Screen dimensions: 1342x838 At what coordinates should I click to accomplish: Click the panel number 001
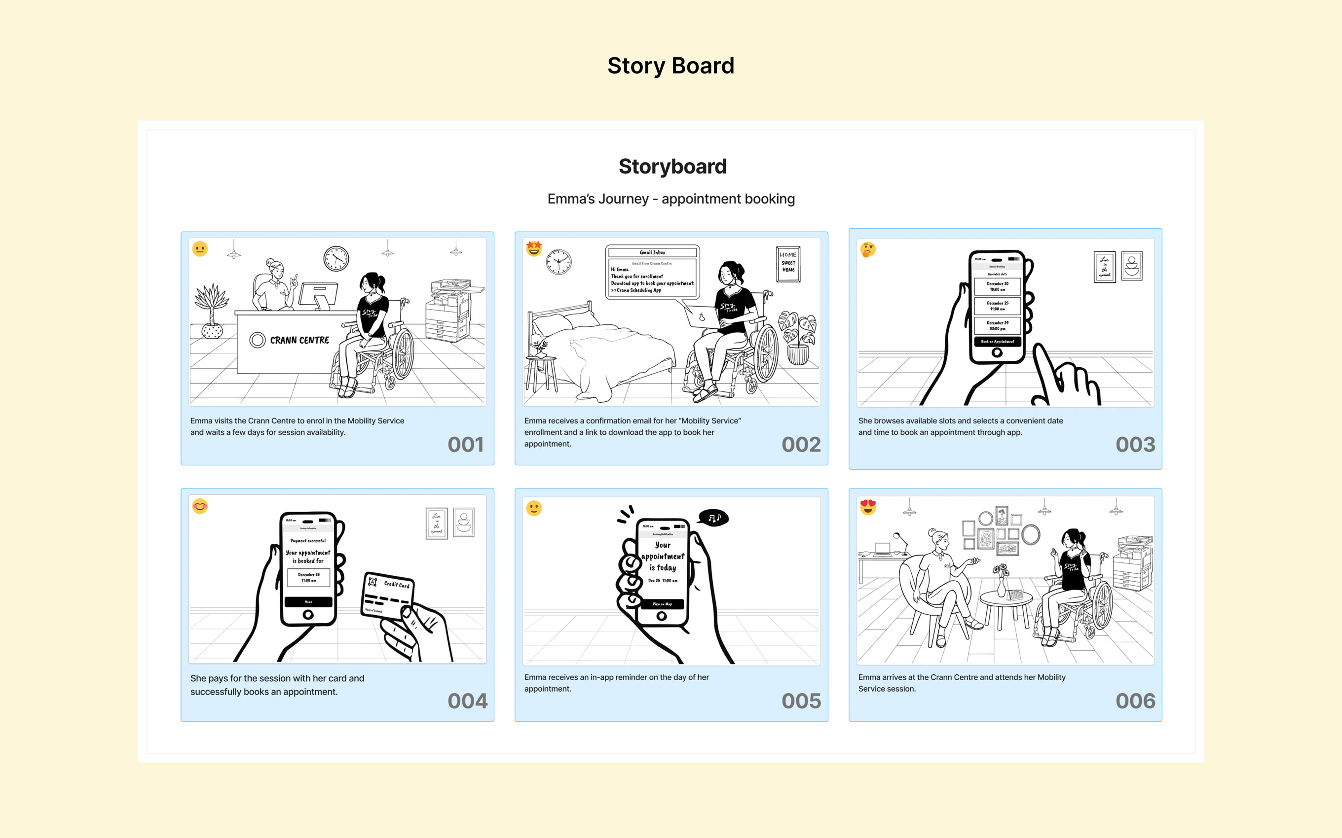pos(465,445)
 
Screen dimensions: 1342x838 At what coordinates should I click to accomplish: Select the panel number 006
pos(1135,701)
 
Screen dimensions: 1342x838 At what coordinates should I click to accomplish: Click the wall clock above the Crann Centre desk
pos(336,258)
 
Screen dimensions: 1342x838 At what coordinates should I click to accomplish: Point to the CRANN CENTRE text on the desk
pos(299,340)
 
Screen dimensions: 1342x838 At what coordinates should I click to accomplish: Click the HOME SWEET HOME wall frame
pos(788,263)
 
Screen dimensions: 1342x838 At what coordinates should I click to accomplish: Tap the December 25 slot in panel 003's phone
pos(997,306)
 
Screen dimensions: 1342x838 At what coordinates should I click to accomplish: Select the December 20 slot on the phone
pos(997,286)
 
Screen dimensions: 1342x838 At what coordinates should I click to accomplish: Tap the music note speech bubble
pos(714,518)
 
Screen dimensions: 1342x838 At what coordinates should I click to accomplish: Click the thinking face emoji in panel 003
pos(868,249)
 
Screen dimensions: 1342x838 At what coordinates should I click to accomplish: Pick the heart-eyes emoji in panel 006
pos(868,507)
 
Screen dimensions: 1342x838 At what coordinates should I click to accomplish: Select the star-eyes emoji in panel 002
pos(533,248)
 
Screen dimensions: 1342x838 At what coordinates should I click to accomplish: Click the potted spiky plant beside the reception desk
pos(211,311)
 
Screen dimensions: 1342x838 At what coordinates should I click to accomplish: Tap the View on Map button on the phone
pos(662,604)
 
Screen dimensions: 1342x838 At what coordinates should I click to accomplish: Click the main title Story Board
pos(671,66)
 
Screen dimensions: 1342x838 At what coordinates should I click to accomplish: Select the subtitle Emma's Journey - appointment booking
pos(671,199)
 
